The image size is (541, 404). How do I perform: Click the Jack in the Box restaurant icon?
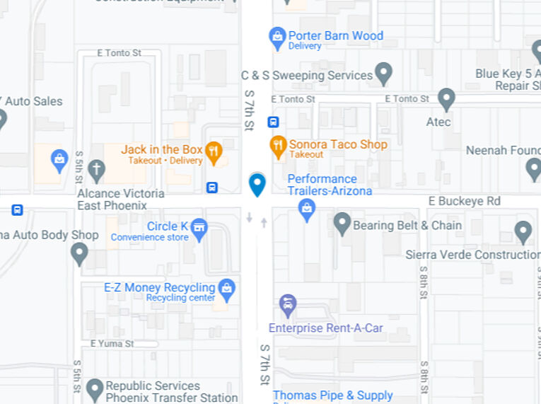click(x=214, y=151)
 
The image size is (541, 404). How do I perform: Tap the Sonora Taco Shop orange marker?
click(x=279, y=146)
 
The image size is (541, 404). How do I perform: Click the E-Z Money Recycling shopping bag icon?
click(x=226, y=288)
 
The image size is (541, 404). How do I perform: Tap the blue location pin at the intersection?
click(x=257, y=184)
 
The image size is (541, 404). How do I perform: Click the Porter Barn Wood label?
click(x=335, y=36)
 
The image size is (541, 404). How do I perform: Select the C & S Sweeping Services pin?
click(x=383, y=73)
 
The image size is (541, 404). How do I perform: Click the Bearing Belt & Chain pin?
click(x=342, y=224)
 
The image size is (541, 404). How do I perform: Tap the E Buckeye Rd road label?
click(x=465, y=202)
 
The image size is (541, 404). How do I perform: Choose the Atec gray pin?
click(x=446, y=99)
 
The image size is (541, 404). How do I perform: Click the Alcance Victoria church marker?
click(x=97, y=170)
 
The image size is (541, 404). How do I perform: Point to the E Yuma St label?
click(x=112, y=344)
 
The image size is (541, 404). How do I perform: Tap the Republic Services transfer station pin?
click(x=95, y=388)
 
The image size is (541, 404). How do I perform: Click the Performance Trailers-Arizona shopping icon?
click(x=307, y=209)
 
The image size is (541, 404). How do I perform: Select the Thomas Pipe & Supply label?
click(x=332, y=396)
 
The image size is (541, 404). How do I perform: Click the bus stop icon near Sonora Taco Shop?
click(x=273, y=122)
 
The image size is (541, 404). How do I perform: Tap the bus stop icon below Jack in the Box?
click(x=211, y=187)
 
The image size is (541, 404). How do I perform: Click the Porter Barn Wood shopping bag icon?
click(x=277, y=35)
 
